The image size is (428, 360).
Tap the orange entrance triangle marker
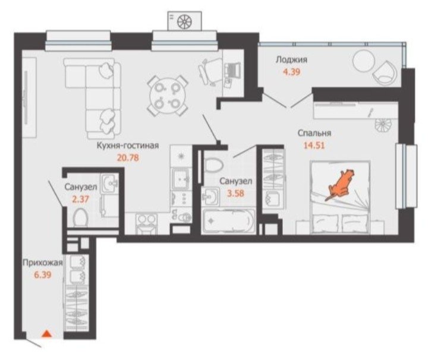pyautogui.click(x=47, y=333)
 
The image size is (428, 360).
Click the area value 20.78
pyautogui.click(x=128, y=157)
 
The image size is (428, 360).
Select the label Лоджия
pyautogui.click(x=291, y=59)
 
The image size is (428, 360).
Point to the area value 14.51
pyautogui.click(x=314, y=146)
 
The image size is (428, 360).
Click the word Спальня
pyautogui.click(x=314, y=133)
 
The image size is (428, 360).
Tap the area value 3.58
pyautogui.click(x=236, y=193)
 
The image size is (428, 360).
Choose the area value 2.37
pyautogui.click(x=80, y=200)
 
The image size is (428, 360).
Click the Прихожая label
pyautogui.click(x=43, y=263)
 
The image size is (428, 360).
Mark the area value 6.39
pyautogui.click(x=43, y=274)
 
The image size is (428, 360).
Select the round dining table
pyautogui.click(x=167, y=96)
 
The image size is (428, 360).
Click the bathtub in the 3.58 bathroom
pyautogui.click(x=229, y=221)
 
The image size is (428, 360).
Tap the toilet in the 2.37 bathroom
pyautogui.click(x=80, y=217)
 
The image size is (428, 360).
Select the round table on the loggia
pyautogui.click(x=363, y=61)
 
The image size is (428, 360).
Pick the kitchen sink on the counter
pyautogui.click(x=181, y=179)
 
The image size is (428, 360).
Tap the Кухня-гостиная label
pyautogui.click(x=128, y=146)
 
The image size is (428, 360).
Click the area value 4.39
pyautogui.click(x=292, y=72)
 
